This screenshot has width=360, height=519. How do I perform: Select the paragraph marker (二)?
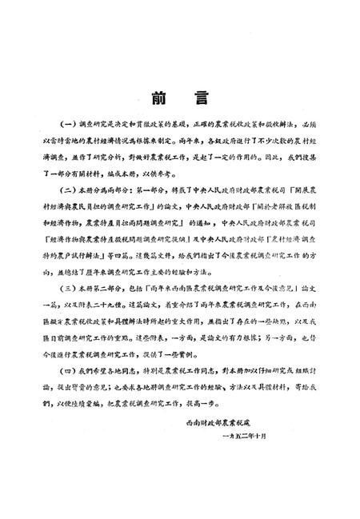pyautogui.click(x=66, y=190)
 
